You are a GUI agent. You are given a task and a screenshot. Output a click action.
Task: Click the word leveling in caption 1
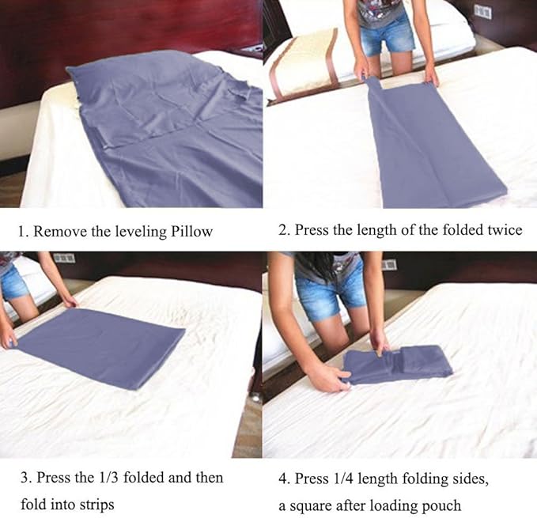point(142,232)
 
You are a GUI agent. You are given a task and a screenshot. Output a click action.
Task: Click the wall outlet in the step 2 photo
point(482,12)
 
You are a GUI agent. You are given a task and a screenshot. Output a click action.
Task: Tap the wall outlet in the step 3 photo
point(63,258)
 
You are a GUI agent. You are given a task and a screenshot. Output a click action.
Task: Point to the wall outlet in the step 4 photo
point(388,265)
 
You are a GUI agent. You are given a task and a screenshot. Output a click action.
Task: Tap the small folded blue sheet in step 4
point(399,365)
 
